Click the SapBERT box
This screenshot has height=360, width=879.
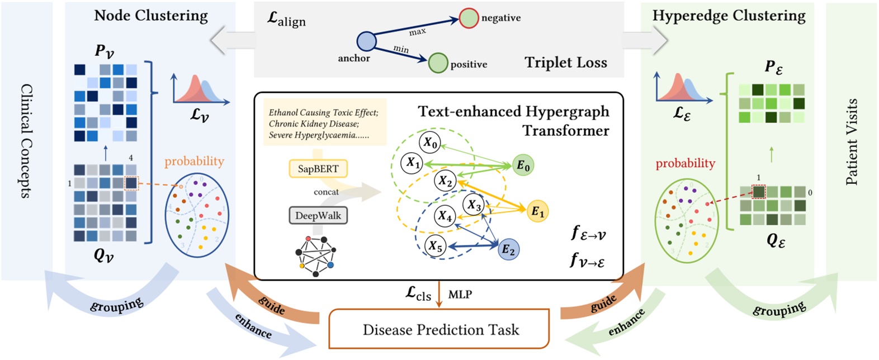318,169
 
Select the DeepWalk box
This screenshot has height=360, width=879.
318,215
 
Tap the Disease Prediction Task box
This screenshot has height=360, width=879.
440,330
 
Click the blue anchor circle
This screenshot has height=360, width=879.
366,41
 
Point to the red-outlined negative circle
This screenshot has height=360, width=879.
469,18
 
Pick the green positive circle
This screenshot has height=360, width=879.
438,63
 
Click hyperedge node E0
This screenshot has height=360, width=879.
523,165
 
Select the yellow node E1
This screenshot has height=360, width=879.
537,211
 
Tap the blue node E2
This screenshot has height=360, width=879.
508,250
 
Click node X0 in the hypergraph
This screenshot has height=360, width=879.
430,143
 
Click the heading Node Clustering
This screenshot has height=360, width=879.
150,16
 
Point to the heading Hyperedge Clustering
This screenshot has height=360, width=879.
729,16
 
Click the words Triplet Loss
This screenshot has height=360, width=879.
565,62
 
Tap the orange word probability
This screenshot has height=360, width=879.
194,161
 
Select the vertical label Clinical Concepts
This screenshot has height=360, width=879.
26,141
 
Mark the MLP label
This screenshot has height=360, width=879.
460,294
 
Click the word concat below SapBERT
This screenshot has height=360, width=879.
326,192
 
